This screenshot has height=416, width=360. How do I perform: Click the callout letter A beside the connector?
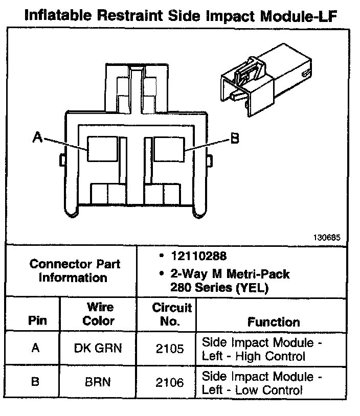pyautogui.click(x=37, y=137)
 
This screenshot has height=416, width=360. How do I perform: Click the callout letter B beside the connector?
pyautogui.click(x=234, y=138)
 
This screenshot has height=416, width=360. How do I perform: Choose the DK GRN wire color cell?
pyautogui.click(x=98, y=349)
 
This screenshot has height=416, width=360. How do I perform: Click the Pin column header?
pyautogui.click(x=37, y=321)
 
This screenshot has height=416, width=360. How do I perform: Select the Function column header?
pyautogui.click(x=274, y=322)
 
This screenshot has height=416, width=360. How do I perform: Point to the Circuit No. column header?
pyautogui.click(x=172, y=314)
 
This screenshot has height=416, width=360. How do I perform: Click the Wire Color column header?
pyautogui.click(x=98, y=314)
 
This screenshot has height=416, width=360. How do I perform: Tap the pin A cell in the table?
pyautogui.click(x=35, y=349)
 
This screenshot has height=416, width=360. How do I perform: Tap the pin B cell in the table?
pyautogui.click(x=35, y=383)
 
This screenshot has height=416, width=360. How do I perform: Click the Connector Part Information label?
pyautogui.click(x=75, y=271)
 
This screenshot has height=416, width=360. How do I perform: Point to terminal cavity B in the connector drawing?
pyautogui.click(x=168, y=148)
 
